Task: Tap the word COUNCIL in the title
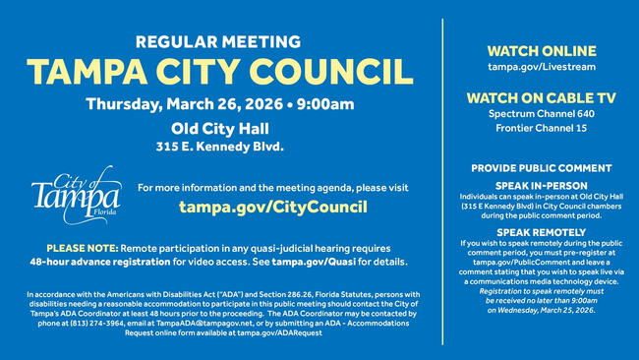click(x=330, y=72)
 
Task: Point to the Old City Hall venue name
click(x=219, y=129)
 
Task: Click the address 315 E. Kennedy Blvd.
click(x=219, y=147)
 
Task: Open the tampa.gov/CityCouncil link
click(x=272, y=208)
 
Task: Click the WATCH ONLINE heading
click(x=540, y=49)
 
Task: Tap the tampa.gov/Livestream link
click(x=540, y=67)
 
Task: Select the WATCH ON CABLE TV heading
click(x=540, y=97)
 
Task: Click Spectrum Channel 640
click(x=540, y=114)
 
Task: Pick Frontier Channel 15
click(x=540, y=128)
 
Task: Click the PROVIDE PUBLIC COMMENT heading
click(x=540, y=168)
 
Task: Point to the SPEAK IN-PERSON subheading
click(x=540, y=185)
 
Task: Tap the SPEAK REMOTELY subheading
click(x=540, y=231)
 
